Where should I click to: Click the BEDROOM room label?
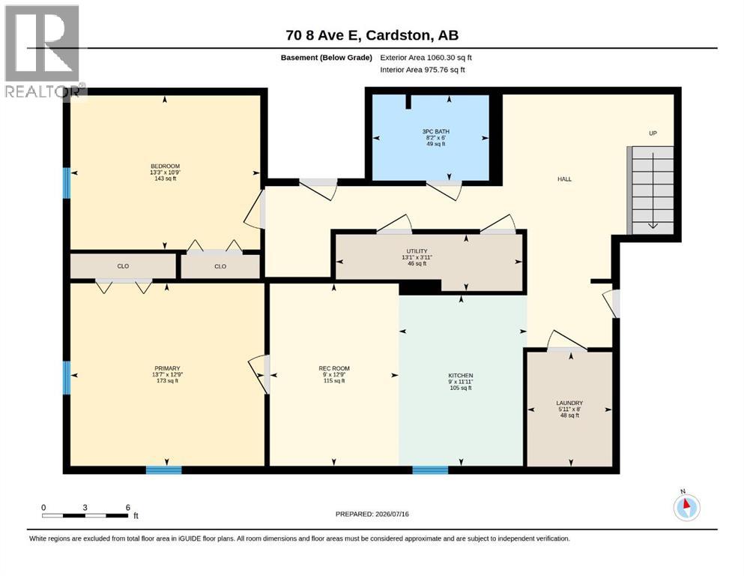(165, 166)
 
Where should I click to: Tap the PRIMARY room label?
(167, 368)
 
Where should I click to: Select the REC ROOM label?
(334, 368)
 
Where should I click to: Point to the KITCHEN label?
(461, 376)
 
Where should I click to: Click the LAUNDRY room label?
(569, 403)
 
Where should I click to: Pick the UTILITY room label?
(417, 251)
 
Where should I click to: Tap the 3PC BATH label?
(435, 131)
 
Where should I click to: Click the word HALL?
(565, 179)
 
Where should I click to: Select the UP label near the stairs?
(653, 133)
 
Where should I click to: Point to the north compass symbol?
(686, 507)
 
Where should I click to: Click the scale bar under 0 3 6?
(85, 515)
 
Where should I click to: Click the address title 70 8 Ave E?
(324, 35)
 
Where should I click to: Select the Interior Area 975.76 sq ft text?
(423, 70)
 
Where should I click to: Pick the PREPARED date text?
(372, 514)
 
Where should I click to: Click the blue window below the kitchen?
(430, 470)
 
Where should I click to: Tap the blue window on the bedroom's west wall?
(67, 183)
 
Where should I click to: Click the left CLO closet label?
(123, 266)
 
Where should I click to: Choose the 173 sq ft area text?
(167, 381)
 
